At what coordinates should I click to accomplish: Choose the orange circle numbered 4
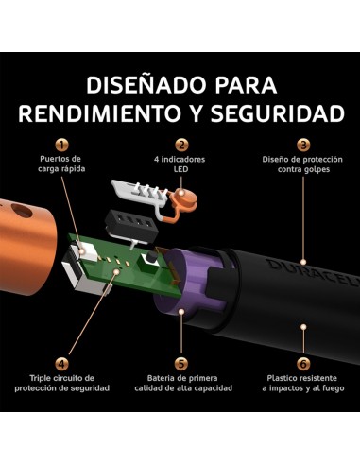click(x=61, y=362)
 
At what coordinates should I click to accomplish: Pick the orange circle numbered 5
click(x=181, y=362)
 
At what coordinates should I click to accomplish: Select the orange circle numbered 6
click(x=302, y=362)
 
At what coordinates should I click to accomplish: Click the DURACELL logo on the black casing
click(x=318, y=273)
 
